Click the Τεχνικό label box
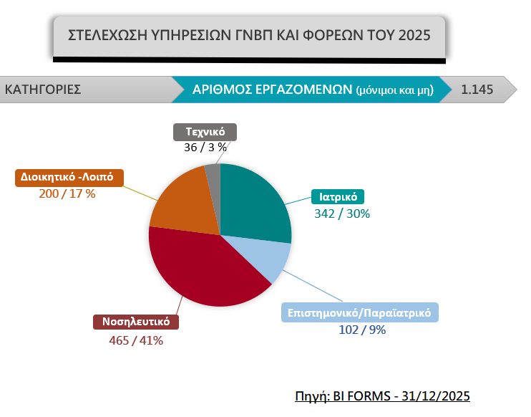pyautogui.click(x=205, y=132)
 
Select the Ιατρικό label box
pyautogui.click(x=338, y=196)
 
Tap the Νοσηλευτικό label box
pyautogui.click(x=136, y=322)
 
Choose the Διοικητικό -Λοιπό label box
pyautogui.click(x=69, y=178)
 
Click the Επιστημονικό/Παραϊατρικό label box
pyautogui.click(x=360, y=312)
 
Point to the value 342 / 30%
pyautogui.click(x=342, y=214)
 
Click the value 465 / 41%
pyautogui.click(x=136, y=340)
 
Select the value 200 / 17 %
pyautogui.click(x=67, y=193)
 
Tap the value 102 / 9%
pyautogui.click(x=362, y=330)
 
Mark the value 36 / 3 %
pyautogui.click(x=205, y=147)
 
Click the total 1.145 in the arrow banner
pyautogui.click(x=477, y=90)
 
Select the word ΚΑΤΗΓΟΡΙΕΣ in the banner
pyautogui.click(x=43, y=90)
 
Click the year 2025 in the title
pyautogui.click(x=414, y=35)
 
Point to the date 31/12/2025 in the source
pyautogui.click(x=436, y=396)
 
